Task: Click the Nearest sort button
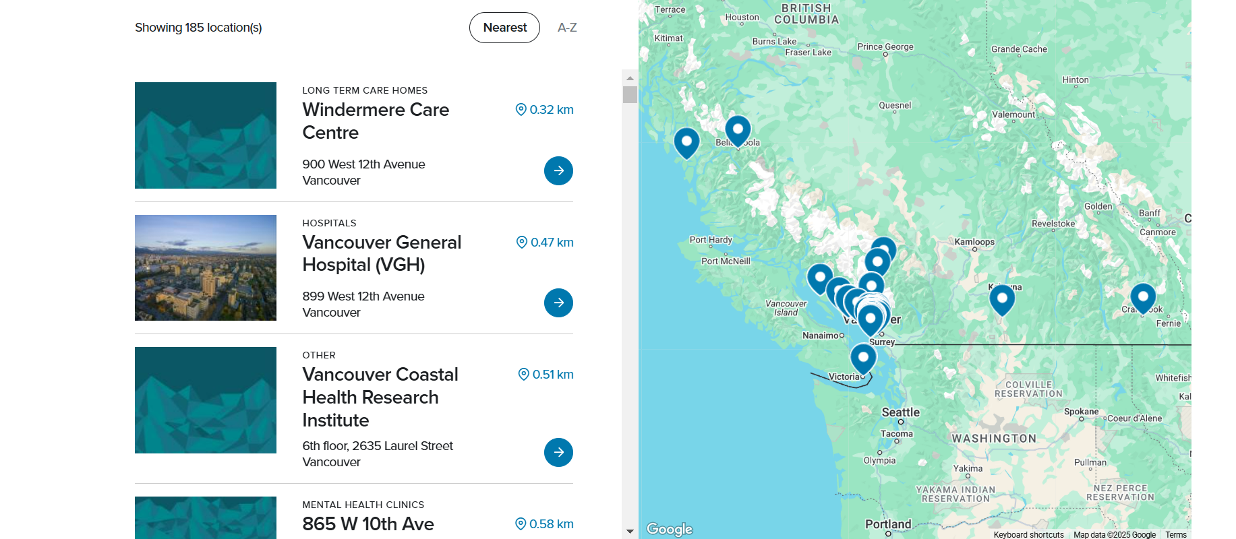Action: click(x=504, y=28)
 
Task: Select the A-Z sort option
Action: click(x=567, y=28)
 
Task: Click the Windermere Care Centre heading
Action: click(x=376, y=121)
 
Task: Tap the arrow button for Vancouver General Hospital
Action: click(x=558, y=303)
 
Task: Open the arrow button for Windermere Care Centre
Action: click(x=558, y=171)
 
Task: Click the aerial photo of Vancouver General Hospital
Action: click(x=206, y=267)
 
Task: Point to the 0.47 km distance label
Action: click(x=545, y=243)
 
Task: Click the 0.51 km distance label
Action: click(x=546, y=375)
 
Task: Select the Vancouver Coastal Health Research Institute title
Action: click(x=380, y=397)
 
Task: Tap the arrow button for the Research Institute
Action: click(x=558, y=453)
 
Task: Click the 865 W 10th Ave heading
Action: click(x=368, y=524)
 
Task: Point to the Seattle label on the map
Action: click(x=900, y=412)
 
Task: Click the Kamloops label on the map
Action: click(x=974, y=242)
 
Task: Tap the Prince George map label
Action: click(x=885, y=47)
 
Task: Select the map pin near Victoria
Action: click(x=863, y=358)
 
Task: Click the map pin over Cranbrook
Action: click(x=1143, y=297)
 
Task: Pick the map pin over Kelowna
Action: click(x=1002, y=298)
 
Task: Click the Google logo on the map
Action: click(x=670, y=529)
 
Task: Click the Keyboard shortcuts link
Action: click(x=1028, y=535)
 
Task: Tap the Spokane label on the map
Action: click(x=1081, y=412)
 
